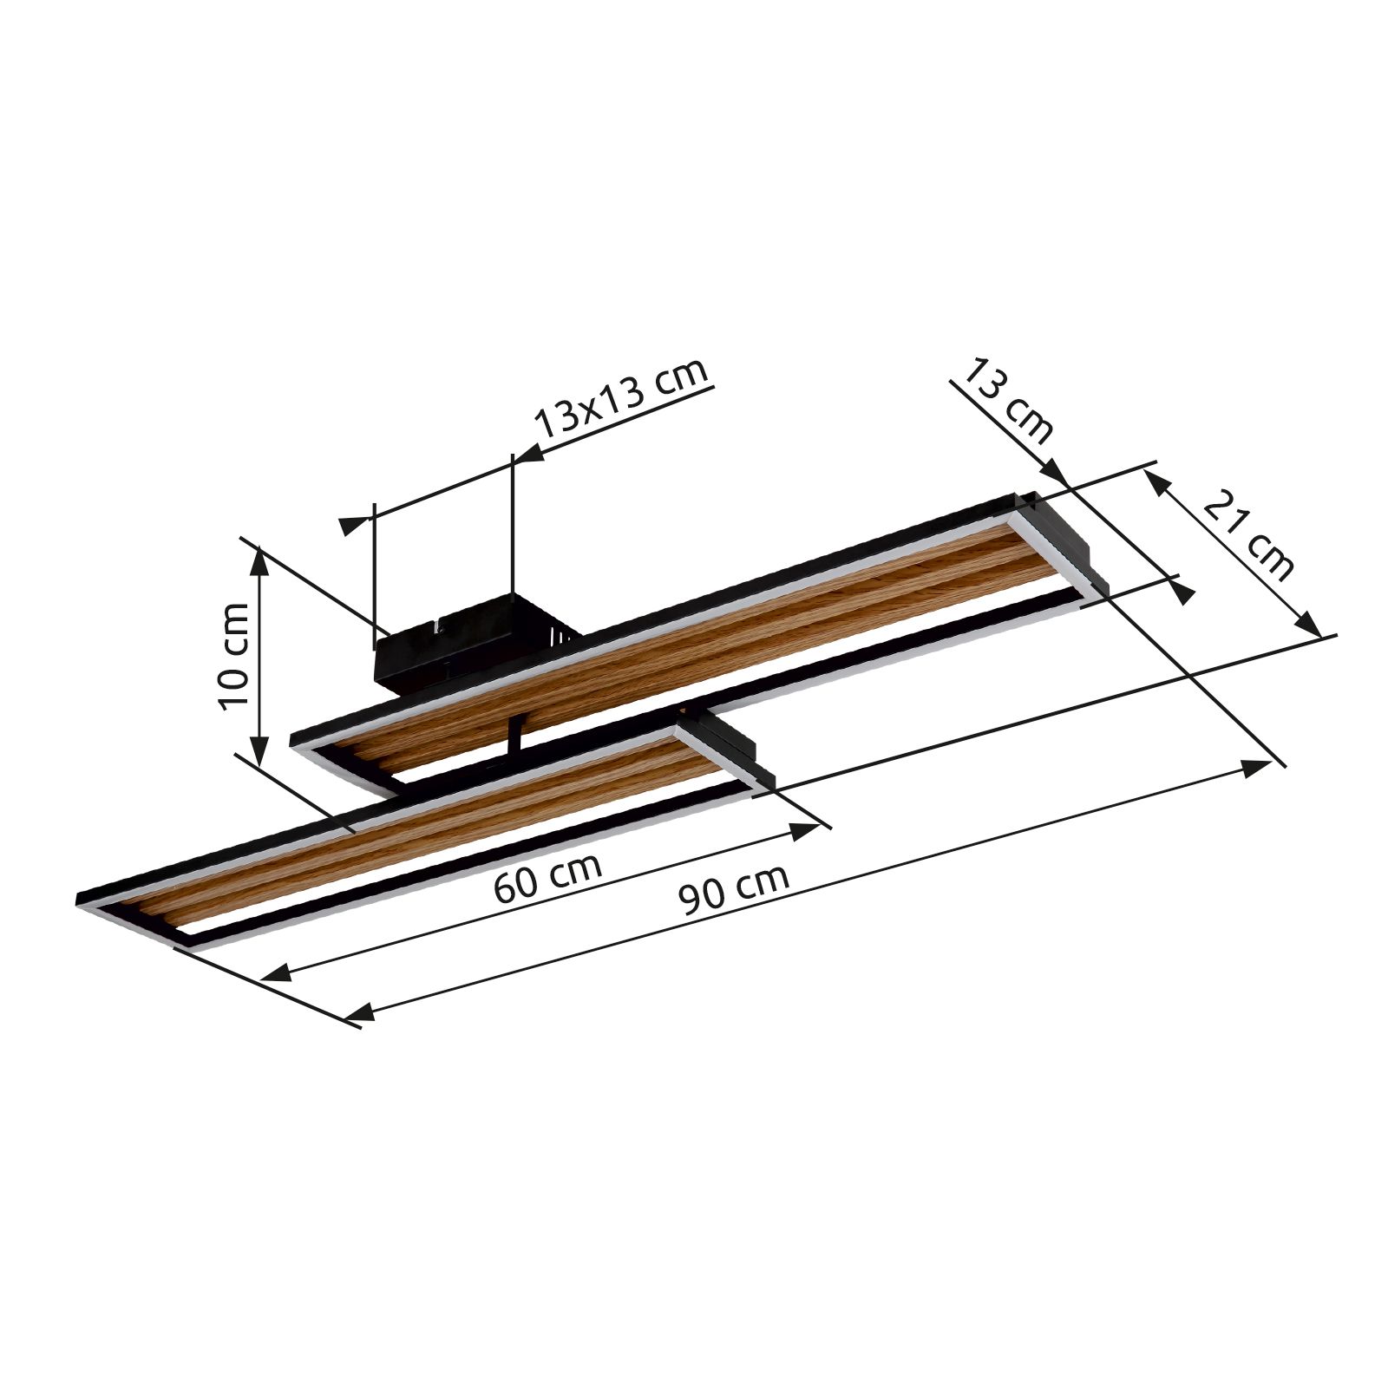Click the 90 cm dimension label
pyautogui.click(x=735, y=888)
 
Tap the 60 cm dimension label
pyautogui.click(x=547, y=879)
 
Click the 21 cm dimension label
pyautogui.click(x=1249, y=535)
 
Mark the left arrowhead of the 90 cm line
pyautogui.click(x=360, y=1012)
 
